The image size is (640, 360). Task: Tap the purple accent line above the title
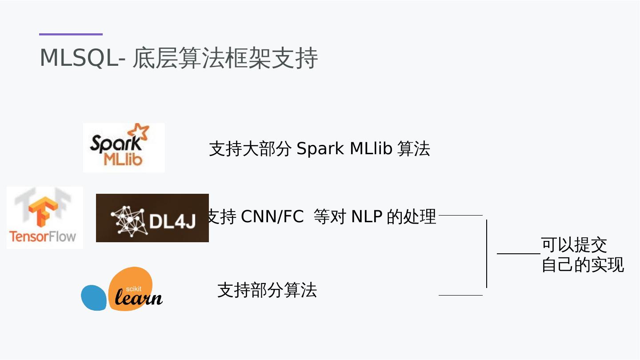coord(71,34)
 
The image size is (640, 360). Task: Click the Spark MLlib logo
coord(124,148)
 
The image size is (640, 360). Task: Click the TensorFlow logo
coord(44,218)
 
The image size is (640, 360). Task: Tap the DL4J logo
coord(152,218)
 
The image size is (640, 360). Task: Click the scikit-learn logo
coord(122,289)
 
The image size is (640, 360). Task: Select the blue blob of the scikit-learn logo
coord(93,297)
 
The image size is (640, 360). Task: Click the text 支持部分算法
coord(267,290)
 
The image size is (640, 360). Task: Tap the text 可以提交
coord(574,245)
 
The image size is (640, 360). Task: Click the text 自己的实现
coord(583,265)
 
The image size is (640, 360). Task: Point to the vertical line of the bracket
coord(487,253)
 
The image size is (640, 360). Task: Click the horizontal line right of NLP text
coord(460,215)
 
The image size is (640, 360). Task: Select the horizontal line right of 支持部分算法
coord(460,295)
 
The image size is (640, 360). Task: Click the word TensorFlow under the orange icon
coord(43,236)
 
